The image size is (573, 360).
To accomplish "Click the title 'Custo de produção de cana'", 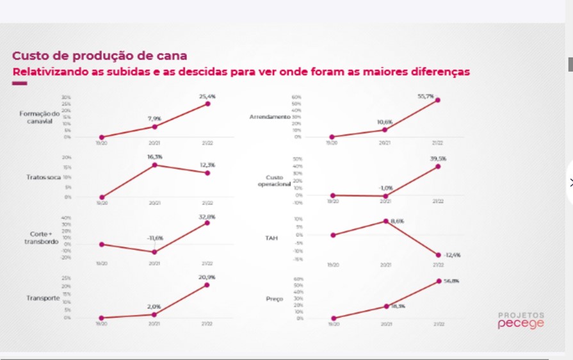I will click(100, 56).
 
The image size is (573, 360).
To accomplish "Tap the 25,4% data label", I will click(207, 96).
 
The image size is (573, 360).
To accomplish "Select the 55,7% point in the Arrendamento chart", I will click(438, 100).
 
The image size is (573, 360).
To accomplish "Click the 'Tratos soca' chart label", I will click(44, 177).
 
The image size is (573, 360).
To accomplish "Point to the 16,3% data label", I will click(154, 156).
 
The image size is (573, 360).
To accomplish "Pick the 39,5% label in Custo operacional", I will click(439, 158).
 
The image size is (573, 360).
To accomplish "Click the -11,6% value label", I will click(155, 238).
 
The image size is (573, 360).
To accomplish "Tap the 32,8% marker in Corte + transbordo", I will click(207, 223).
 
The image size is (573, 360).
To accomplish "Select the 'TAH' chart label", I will click(271, 238).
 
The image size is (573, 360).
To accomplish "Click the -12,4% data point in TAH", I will click(439, 255).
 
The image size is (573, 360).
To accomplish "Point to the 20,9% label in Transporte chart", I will click(207, 277).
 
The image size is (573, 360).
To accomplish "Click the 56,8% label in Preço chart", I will click(451, 281).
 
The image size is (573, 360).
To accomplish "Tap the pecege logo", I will click(521, 323).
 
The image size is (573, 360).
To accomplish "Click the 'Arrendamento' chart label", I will click(270, 117).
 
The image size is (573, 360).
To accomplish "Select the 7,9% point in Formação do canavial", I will click(154, 127).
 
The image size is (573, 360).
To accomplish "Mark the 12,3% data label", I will click(207, 165).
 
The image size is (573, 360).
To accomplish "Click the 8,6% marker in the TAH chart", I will click(386, 221).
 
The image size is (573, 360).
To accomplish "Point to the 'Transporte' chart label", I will click(43, 299).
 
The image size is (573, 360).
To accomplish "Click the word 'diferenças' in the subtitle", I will click(439, 71).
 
